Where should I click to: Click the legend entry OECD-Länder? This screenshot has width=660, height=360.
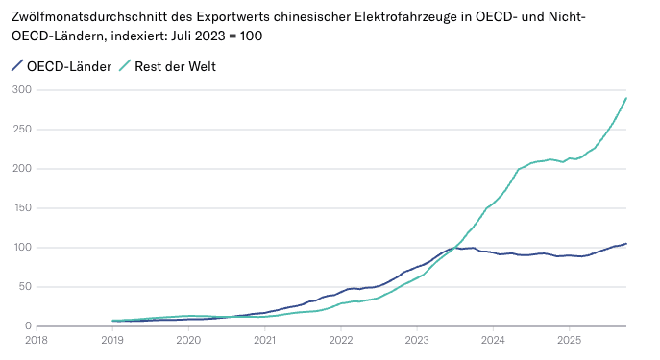click(x=69, y=66)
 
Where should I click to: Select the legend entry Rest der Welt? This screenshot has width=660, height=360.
click(x=174, y=66)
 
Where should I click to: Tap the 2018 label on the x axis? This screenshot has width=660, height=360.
click(x=37, y=339)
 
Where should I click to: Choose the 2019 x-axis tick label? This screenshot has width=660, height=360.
click(x=112, y=339)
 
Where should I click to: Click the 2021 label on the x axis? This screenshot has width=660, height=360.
click(x=264, y=339)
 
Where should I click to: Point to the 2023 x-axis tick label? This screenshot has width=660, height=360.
click(x=417, y=339)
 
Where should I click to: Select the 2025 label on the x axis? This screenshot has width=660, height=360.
click(x=569, y=339)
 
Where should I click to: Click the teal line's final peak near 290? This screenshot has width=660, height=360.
click(x=626, y=98)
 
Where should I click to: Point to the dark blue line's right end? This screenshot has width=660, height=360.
click(x=626, y=243)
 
